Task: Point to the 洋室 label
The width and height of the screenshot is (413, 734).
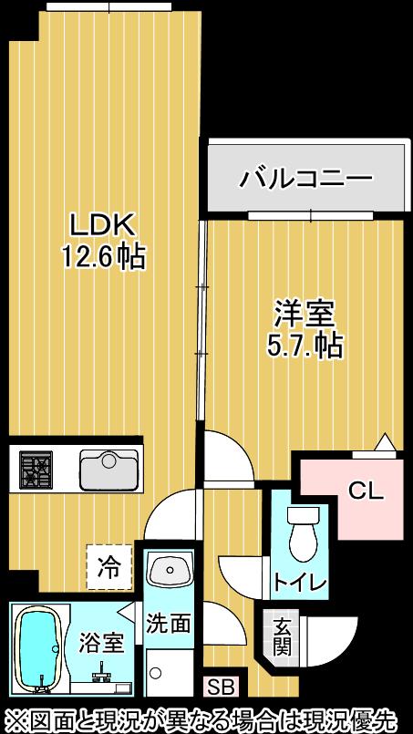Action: point(305,314)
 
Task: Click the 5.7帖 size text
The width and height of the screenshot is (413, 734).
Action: point(305,346)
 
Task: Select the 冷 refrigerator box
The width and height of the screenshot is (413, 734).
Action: point(108,569)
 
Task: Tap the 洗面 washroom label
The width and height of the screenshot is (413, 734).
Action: point(169,624)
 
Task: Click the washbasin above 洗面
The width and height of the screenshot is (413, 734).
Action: point(169,573)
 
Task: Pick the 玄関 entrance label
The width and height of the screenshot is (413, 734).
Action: point(282,637)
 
